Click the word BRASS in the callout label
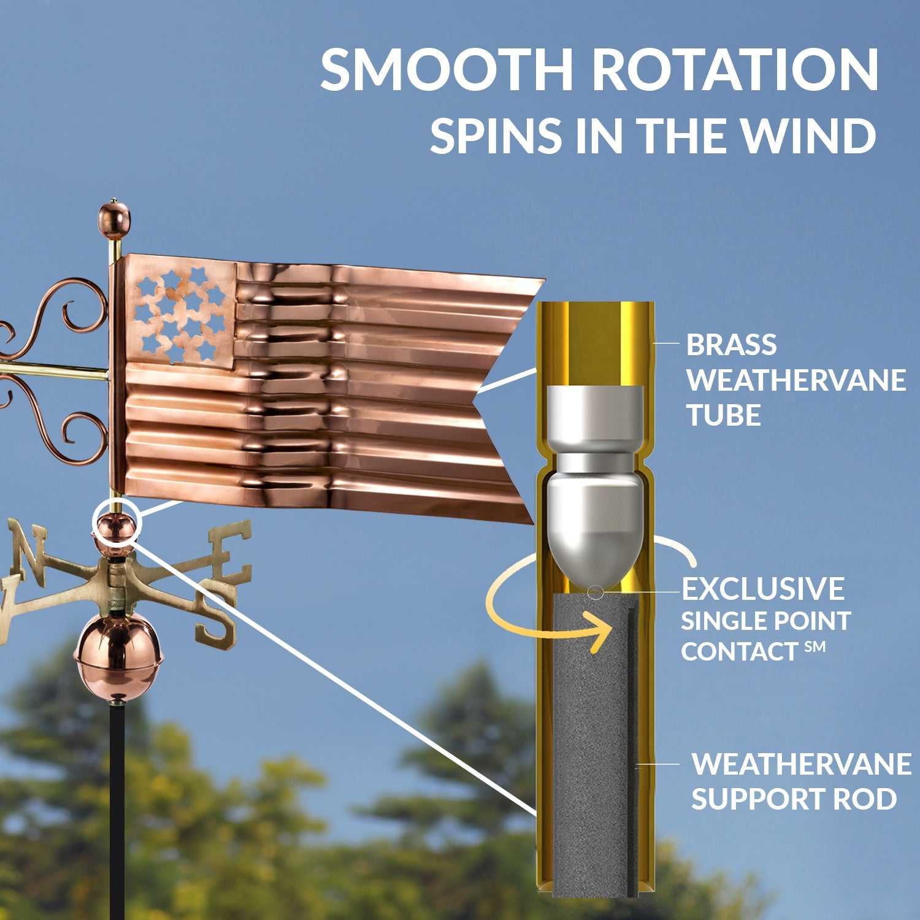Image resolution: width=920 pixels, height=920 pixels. pyautogui.click(x=731, y=345)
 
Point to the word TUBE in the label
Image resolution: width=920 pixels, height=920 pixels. pyautogui.click(x=724, y=415)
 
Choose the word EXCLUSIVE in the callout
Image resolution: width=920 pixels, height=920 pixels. pyautogui.click(x=763, y=589)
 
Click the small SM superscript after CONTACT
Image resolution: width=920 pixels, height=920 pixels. pyautogui.click(x=815, y=646)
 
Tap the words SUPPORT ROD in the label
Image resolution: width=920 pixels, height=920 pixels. pyautogui.click(x=794, y=799)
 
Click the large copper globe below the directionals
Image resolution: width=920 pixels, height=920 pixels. pyautogui.click(x=118, y=656)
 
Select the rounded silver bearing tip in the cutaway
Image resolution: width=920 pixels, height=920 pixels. pyautogui.click(x=594, y=534)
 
